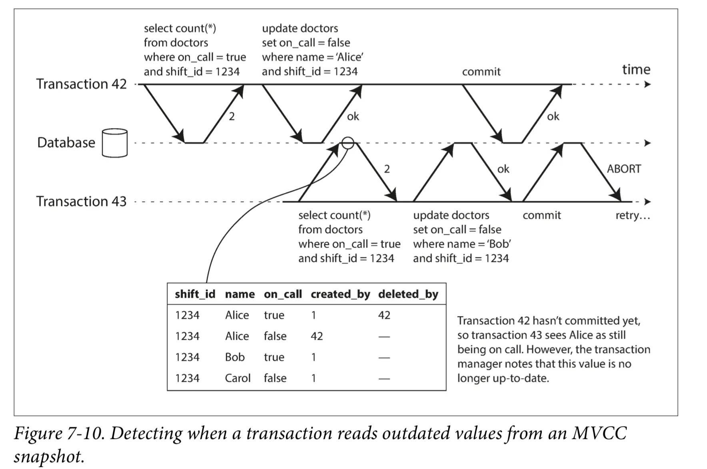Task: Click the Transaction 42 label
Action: coord(81,84)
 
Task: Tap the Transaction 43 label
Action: coord(81,201)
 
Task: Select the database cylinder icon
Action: coord(115,143)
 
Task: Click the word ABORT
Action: coord(624,169)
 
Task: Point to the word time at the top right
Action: coord(636,70)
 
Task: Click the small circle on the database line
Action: coord(348,143)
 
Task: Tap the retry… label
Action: coord(633,216)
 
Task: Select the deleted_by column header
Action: coord(408,294)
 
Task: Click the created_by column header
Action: coord(341,294)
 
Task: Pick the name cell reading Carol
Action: coord(238,378)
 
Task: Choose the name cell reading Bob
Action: coord(235,357)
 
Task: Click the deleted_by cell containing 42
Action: coord(384,315)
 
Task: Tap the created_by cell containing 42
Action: coord(317,336)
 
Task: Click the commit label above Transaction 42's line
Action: coord(481,72)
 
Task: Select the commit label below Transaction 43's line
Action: coord(542,215)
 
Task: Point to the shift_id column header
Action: coord(195,294)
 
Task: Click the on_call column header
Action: coord(283,294)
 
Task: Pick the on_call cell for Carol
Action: coord(275,378)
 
